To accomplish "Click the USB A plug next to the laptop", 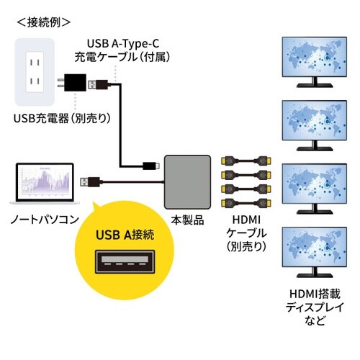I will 90,181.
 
